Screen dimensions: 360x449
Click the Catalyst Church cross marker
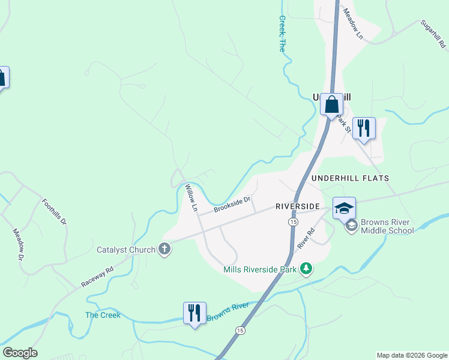tap(164, 250)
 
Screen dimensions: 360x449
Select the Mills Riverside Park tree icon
tap(306, 268)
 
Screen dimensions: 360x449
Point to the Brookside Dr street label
tap(232, 205)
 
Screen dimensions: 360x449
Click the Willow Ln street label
tap(191, 199)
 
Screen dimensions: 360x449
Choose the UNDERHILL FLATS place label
tap(350, 178)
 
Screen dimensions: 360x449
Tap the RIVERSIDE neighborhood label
tap(297, 206)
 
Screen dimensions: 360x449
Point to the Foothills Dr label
tap(55, 211)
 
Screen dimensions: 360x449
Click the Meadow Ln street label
tap(354, 24)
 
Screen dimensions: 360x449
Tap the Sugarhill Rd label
tap(432, 34)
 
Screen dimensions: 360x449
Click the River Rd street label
tap(306, 238)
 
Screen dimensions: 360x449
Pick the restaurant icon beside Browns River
tap(194, 313)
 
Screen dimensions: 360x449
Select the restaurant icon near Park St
tap(364, 128)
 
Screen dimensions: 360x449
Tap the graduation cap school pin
tap(344, 208)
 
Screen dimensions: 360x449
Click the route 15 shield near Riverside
tap(292, 222)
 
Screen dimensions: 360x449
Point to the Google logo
tap(20, 353)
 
